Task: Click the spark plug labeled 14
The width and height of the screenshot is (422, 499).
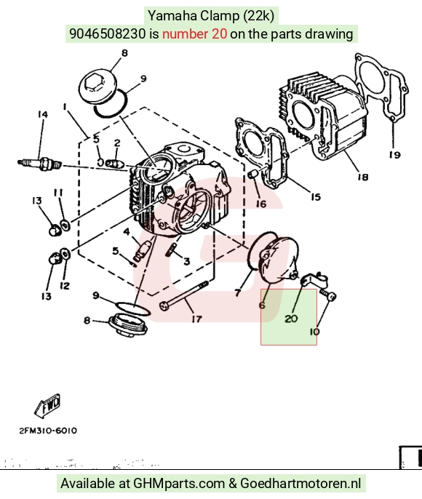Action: click(39, 164)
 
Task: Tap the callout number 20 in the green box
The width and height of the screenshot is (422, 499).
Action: click(291, 319)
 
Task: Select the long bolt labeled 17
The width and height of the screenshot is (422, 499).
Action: click(184, 294)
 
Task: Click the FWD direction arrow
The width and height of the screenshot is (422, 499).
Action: click(48, 405)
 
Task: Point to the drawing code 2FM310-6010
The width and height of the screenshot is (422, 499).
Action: click(48, 431)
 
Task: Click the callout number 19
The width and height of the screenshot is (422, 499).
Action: click(394, 155)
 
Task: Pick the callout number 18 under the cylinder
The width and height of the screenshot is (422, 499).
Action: click(363, 176)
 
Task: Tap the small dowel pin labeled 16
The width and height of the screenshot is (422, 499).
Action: click(252, 175)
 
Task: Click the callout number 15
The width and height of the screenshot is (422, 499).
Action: click(315, 197)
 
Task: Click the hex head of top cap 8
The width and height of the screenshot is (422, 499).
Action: click(93, 84)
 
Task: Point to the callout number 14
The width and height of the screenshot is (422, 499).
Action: click(43, 114)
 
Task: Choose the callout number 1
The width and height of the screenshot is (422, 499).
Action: click(65, 106)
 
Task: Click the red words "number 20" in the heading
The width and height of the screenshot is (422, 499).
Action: click(194, 33)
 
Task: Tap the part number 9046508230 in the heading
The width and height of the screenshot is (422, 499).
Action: click(108, 33)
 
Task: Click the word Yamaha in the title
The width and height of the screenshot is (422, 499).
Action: click(172, 15)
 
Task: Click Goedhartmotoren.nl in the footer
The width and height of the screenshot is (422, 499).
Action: click(300, 484)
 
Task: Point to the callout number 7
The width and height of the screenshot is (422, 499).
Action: click(238, 292)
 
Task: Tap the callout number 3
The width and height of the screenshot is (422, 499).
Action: click(187, 261)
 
